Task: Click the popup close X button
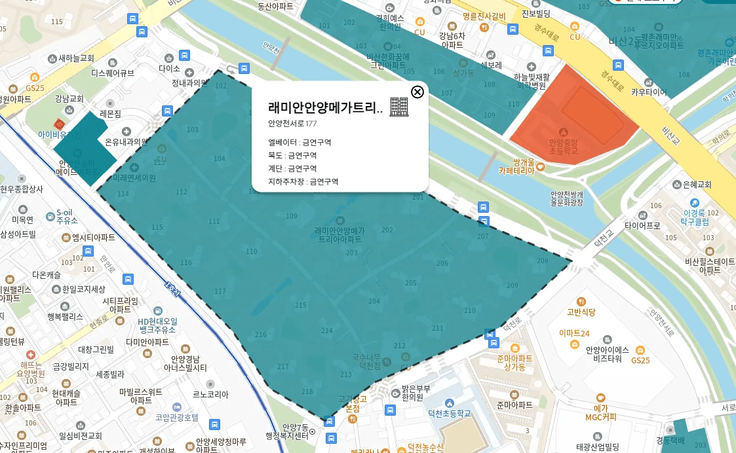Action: (417, 92)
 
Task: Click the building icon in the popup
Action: (398, 107)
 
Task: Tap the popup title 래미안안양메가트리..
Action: (325, 108)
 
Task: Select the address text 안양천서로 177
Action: (292, 123)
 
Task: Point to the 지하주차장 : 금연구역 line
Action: (303, 181)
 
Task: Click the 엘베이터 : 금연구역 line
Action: (300, 142)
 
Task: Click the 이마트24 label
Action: (575, 333)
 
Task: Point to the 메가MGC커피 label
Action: (601, 412)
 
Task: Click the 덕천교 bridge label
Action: (603, 236)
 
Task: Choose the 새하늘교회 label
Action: (76, 58)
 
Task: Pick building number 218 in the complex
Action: (307, 391)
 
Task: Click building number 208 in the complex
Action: (542, 261)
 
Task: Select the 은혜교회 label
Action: (697, 185)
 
